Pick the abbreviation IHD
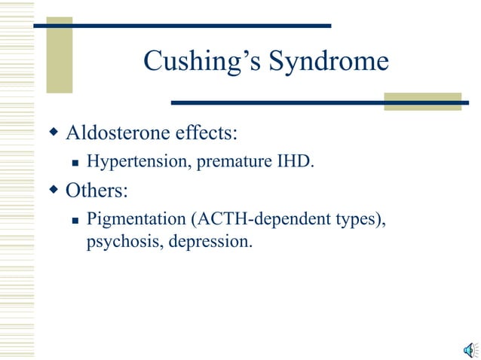pyautogui.click(x=296, y=161)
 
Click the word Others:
pyautogui.click(x=97, y=190)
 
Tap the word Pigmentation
pyautogui.click(x=136, y=219)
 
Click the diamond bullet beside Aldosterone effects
pyautogui.click(x=54, y=133)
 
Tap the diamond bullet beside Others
pyautogui.click(x=54, y=190)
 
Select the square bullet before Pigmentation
pyautogui.click(x=75, y=220)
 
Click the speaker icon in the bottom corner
pyautogui.click(x=469, y=347)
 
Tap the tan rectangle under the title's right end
pyautogui.click(x=422, y=102)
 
